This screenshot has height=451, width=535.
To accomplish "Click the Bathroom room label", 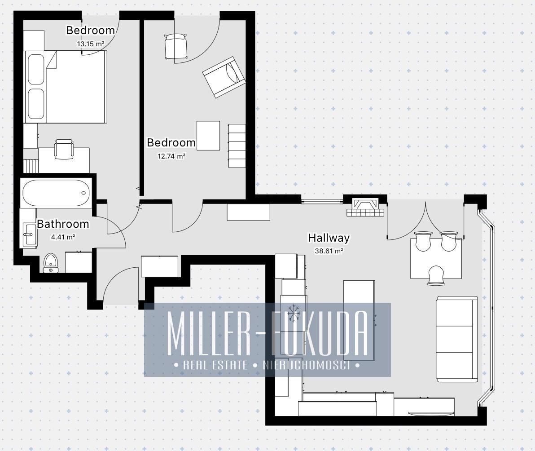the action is [x=63, y=224].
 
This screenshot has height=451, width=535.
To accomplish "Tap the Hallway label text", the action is [x=329, y=238].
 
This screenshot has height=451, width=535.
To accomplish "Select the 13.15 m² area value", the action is [x=90, y=44].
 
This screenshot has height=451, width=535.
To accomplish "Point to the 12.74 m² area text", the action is [x=171, y=156].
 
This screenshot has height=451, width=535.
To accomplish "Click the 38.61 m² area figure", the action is [x=329, y=251].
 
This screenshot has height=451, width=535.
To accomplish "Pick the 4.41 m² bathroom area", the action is [x=63, y=237].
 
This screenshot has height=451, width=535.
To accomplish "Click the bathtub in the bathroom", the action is [x=56, y=193].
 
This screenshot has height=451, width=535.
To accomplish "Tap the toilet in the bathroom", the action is [x=51, y=263].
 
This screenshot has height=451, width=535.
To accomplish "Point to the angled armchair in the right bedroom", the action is [x=224, y=77].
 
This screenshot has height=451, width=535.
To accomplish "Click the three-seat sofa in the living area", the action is [x=457, y=339].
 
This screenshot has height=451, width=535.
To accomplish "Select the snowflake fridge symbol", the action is [x=293, y=312].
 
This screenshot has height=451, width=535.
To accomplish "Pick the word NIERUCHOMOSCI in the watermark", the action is [x=307, y=365].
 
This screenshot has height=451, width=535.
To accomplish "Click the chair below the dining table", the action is [x=436, y=275].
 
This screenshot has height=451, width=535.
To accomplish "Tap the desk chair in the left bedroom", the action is [x=64, y=149].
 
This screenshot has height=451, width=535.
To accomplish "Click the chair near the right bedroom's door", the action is [x=176, y=46].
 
